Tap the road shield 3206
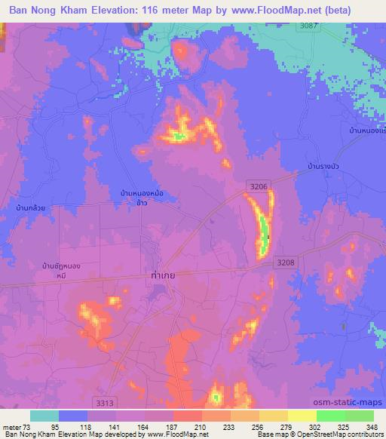[x=259, y=186]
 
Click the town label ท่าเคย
[x=163, y=277]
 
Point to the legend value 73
[x=29, y=426]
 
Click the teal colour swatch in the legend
[x=44, y=416]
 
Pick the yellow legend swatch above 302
[x=302, y=416]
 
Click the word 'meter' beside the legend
[x=12, y=426]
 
